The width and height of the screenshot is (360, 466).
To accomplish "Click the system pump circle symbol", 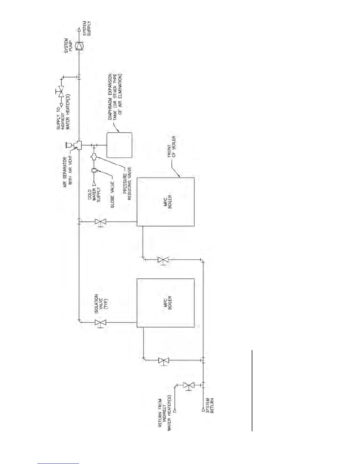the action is (x=79, y=46).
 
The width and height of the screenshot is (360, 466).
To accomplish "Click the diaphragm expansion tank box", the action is (x=119, y=145).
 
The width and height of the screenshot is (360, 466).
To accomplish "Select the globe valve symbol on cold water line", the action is (x=94, y=170).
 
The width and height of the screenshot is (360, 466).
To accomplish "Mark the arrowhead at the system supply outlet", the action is (x=79, y=30).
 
